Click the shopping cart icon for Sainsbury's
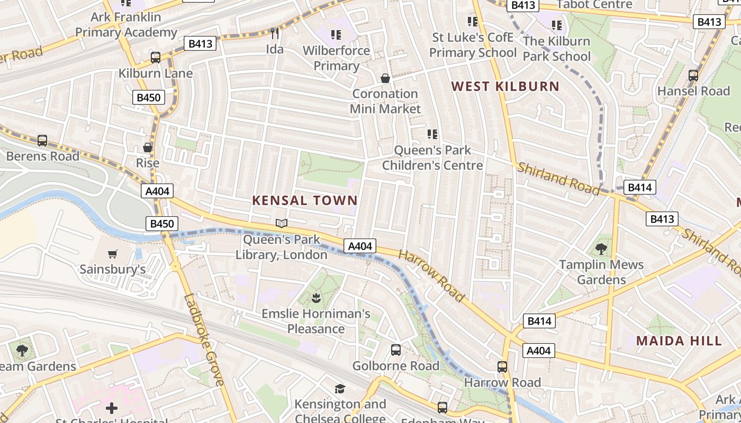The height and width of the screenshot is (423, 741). click(x=112, y=254)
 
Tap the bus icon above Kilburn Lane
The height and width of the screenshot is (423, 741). click(x=156, y=58)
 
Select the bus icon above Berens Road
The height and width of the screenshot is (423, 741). click(x=42, y=141)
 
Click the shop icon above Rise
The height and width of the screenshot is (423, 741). click(x=148, y=148)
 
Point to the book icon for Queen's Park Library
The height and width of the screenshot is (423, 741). click(x=282, y=224)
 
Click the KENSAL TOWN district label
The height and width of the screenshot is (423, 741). click(x=305, y=200)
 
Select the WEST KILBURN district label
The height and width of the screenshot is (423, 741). click(x=505, y=86)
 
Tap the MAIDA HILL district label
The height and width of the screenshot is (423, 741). click(x=679, y=341)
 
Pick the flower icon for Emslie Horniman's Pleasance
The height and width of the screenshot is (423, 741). click(x=316, y=298)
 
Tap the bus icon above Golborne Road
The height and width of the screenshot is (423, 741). click(x=396, y=350)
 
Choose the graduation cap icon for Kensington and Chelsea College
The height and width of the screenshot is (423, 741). click(x=340, y=389)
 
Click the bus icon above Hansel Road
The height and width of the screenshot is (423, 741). click(x=693, y=76)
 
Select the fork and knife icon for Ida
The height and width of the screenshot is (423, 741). click(x=275, y=34)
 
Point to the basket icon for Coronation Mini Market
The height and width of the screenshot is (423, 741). click(x=385, y=78)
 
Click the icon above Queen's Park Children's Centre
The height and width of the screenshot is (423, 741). click(x=432, y=135)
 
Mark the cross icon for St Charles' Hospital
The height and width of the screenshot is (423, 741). click(x=112, y=408)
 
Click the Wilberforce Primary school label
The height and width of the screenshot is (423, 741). click(x=336, y=58)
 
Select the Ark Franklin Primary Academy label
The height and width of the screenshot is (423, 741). click(x=126, y=24)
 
